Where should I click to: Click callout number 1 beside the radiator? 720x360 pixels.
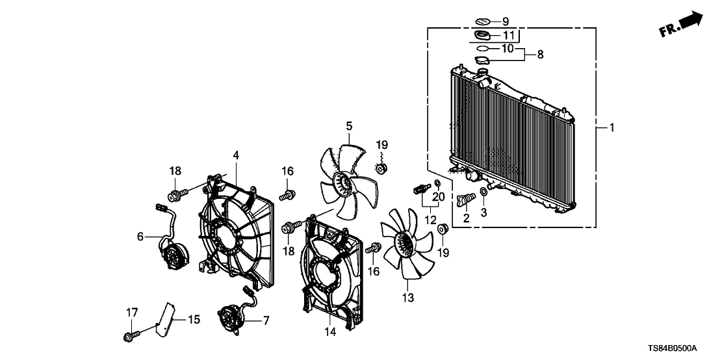click(x=611, y=127)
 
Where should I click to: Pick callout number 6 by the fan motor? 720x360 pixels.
click(x=140, y=238)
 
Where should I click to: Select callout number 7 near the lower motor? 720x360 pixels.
click(x=265, y=320)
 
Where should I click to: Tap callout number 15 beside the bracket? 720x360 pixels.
click(x=194, y=319)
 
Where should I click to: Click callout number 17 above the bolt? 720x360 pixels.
click(x=131, y=313)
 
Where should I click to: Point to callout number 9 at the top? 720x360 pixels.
click(x=506, y=21)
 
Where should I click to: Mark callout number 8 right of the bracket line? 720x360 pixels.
click(x=539, y=55)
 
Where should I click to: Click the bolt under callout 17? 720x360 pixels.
click(x=129, y=336)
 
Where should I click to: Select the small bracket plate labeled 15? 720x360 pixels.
click(x=168, y=318)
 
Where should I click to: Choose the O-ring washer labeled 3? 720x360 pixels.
click(x=485, y=192)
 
